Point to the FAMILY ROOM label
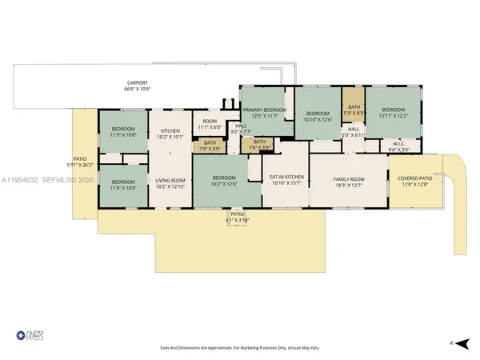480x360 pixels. [349, 178]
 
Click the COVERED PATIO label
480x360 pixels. [410, 180]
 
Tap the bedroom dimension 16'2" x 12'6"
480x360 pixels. [224, 183]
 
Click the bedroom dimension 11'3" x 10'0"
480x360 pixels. [123, 135]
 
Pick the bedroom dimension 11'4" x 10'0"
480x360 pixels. [123, 188]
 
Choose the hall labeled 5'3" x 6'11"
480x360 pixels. [352, 132]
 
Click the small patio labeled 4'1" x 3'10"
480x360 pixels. [237, 217]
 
